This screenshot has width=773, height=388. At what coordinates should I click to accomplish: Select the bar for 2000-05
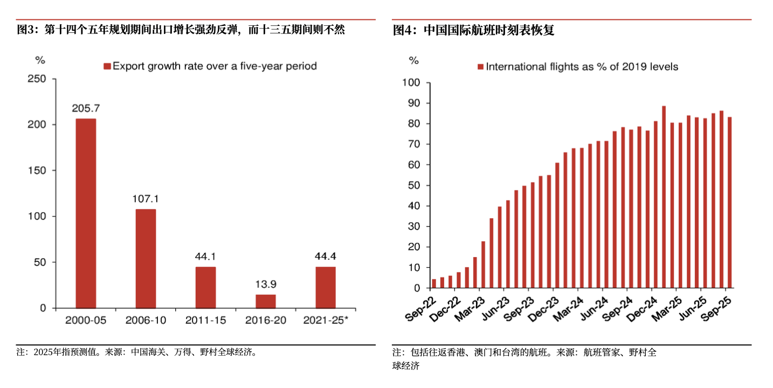coord(86,213)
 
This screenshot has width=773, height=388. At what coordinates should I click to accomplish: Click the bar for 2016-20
coord(266,301)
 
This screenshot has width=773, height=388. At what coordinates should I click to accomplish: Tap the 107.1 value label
coord(146,199)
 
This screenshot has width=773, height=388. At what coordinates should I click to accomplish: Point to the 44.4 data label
coord(326,256)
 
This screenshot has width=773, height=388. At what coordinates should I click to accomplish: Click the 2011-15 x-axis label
coord(206,321)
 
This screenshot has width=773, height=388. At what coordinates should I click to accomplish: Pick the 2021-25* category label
coord(326,321)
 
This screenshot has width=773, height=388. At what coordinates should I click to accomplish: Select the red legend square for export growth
coord(107,66)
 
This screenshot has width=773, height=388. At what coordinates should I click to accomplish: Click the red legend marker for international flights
coord(480,67)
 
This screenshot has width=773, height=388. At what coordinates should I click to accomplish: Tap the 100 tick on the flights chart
coord(411,83)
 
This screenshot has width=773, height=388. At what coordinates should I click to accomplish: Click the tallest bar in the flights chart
coord(664,197)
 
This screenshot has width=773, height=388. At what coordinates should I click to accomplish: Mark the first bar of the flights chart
coord(434,283)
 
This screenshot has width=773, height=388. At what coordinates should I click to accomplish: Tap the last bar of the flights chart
coord(729,203)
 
